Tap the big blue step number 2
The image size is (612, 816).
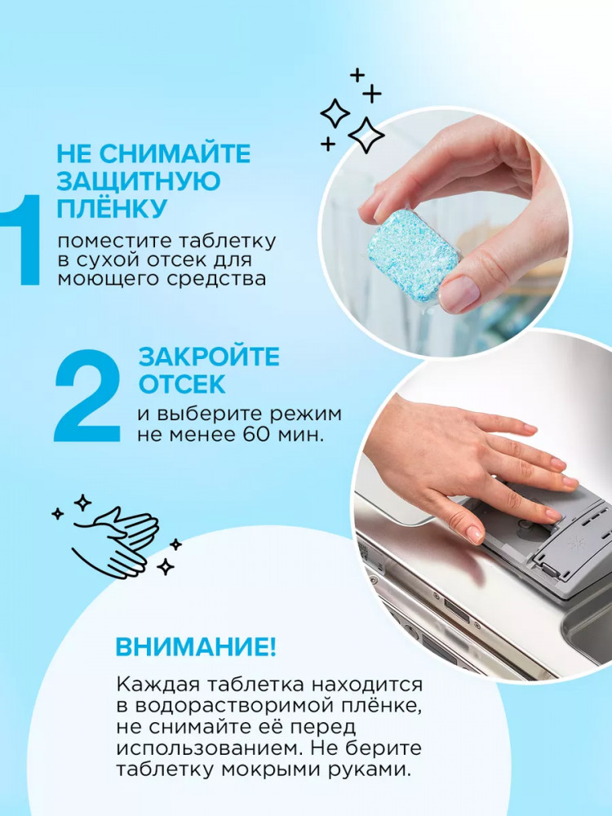point(87,396)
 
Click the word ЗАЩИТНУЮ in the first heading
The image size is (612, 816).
point(139,181)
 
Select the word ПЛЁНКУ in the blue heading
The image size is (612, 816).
point(111,207)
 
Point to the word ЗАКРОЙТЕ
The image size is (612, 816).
point(209,357)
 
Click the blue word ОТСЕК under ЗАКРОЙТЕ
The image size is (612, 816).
point(182,384)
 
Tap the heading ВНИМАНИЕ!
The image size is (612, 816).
point(196,647)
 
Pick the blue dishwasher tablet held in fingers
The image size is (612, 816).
point(413,255)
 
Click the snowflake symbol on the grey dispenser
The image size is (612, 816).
point(576,543)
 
